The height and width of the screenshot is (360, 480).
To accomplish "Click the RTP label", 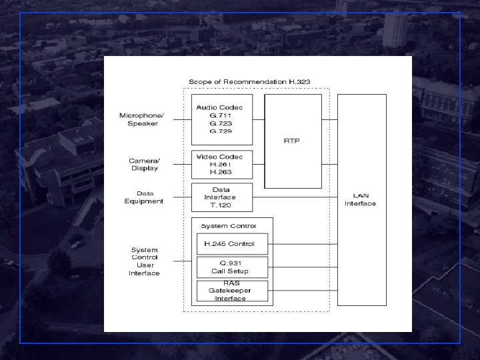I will pos(293,141).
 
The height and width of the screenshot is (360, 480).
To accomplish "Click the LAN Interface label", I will pos(360,199).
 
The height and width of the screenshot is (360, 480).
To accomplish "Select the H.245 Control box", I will pos(231,243).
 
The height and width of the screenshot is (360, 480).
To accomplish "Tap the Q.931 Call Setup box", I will pos(231,267).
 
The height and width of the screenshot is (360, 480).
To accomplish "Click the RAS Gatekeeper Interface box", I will pos(231,291).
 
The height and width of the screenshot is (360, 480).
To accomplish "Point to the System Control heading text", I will pos(228,226).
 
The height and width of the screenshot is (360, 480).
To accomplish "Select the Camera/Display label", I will pos(144,164).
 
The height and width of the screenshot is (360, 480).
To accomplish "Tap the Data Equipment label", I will pos(143,197).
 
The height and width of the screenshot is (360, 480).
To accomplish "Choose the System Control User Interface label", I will pos(145,261).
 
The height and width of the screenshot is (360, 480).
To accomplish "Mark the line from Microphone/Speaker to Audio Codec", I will pos(182,120).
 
